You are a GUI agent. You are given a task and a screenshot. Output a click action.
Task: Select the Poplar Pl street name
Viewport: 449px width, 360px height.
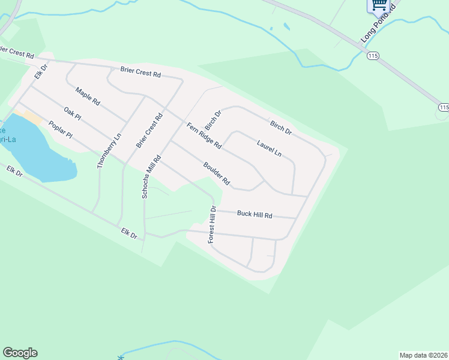[60, 130]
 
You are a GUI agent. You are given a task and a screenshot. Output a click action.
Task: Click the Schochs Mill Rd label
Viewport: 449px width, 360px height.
[152, 176]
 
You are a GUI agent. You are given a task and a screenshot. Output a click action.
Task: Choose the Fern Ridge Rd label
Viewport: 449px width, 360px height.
[204, 136]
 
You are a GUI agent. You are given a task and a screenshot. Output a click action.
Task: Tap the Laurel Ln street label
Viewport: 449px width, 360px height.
[269, 148]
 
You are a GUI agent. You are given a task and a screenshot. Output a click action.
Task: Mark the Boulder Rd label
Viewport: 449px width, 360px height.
[217, 173]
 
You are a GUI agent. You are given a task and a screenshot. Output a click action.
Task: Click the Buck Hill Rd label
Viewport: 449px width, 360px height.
[255, 214]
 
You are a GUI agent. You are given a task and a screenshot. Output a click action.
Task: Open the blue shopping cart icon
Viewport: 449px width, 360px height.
[378, 5]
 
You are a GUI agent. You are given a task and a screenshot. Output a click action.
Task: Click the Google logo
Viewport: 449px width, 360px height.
[20, 353]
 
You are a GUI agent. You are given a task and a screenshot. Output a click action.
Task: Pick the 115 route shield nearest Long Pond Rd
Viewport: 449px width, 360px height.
[373, 55]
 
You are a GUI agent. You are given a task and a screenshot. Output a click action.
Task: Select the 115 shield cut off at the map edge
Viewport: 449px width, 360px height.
[444, 107]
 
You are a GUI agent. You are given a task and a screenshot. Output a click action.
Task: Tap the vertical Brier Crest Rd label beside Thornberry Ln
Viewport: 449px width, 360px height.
[149, 131]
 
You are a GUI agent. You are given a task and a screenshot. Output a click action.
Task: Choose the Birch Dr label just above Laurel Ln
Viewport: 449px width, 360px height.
[280, 127]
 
